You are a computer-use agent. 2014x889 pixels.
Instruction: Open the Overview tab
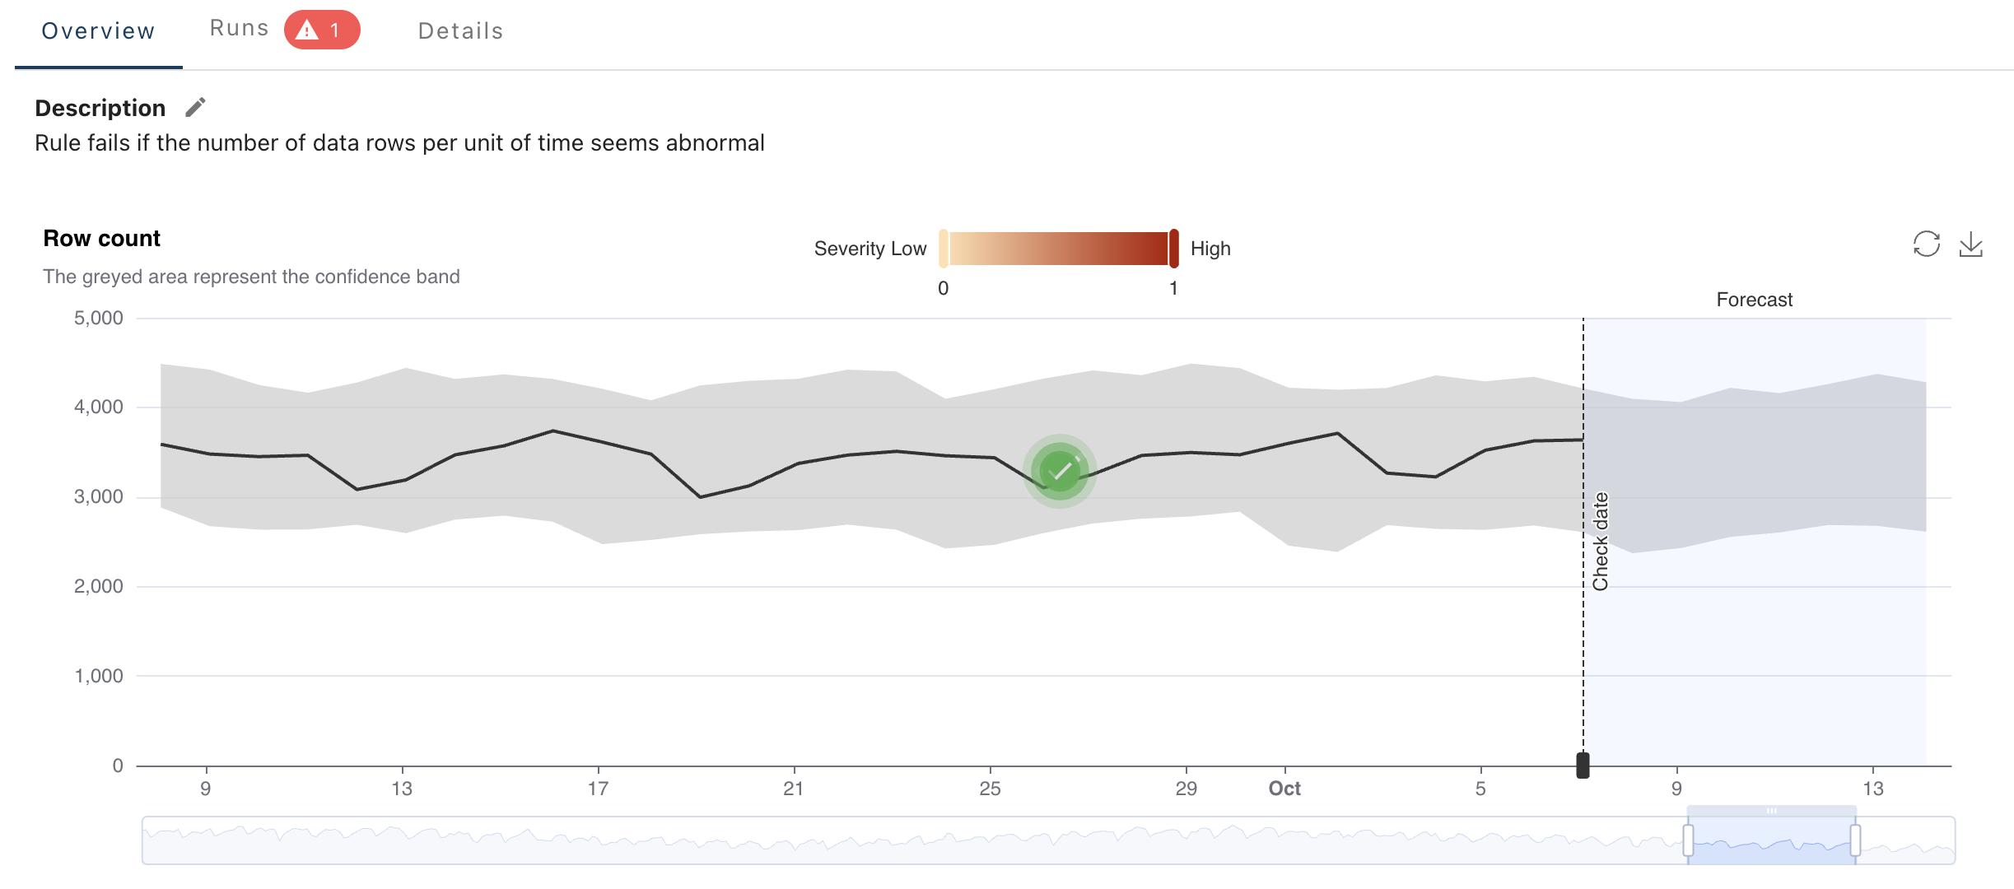tap(98, 31)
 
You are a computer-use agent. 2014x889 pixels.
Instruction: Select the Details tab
tap(460, 31)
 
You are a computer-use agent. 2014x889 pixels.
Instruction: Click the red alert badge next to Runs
tap(322, 30)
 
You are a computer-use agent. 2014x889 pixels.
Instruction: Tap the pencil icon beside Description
tap(195, 108)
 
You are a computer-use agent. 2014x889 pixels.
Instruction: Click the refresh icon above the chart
tap(1926, 244)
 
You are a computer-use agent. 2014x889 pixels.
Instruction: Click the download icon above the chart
tap(1970, 244)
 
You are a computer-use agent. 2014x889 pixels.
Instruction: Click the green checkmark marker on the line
tap(1060, 471)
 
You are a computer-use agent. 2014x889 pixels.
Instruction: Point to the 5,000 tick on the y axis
tap(99, 318)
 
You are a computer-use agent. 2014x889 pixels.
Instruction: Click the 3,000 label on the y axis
tap(99, 496)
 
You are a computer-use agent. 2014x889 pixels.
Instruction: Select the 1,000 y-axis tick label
tap(99, 676)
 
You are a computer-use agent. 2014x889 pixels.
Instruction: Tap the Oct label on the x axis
tap(1284, 789)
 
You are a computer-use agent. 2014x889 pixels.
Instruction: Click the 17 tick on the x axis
tap(598, 789)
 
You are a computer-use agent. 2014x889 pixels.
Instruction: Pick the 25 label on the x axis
tap(990, 789)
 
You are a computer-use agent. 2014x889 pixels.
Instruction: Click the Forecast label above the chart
tap(1754, 300)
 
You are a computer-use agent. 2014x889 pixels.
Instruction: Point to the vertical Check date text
tap(1600, 542)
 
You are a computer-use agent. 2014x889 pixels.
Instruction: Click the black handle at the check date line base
tap(1583, 765)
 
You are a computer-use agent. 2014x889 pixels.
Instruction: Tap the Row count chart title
tap(101, 239)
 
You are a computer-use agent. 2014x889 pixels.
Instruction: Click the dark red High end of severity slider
tap(1174, 249)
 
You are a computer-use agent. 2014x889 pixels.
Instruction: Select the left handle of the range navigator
tap(1688, 840)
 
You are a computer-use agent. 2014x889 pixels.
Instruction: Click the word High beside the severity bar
tap(1210, 249)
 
